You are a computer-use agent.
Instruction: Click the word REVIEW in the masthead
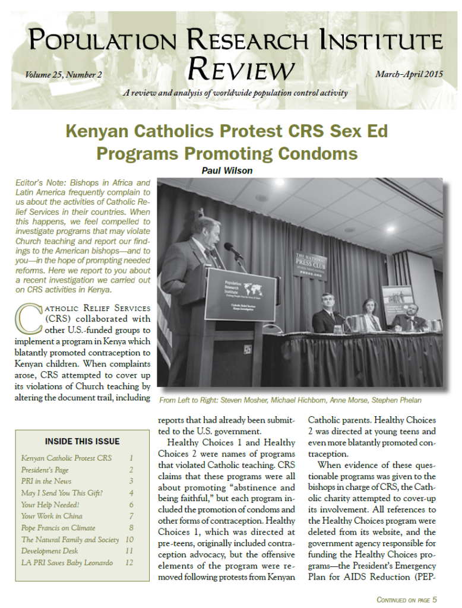click(239, 69)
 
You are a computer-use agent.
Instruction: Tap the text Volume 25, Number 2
click(64, 75)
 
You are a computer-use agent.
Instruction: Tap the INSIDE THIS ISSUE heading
click(82, 441)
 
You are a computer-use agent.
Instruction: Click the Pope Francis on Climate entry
click(58, 528)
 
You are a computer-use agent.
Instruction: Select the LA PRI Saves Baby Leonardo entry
click(67, 562)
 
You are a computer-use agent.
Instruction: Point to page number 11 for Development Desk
click(129, 551)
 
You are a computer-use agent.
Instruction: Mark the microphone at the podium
click(232, 251)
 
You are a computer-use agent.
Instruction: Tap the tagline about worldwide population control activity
click(235, 93)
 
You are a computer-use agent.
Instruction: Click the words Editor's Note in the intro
click(36, 182)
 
